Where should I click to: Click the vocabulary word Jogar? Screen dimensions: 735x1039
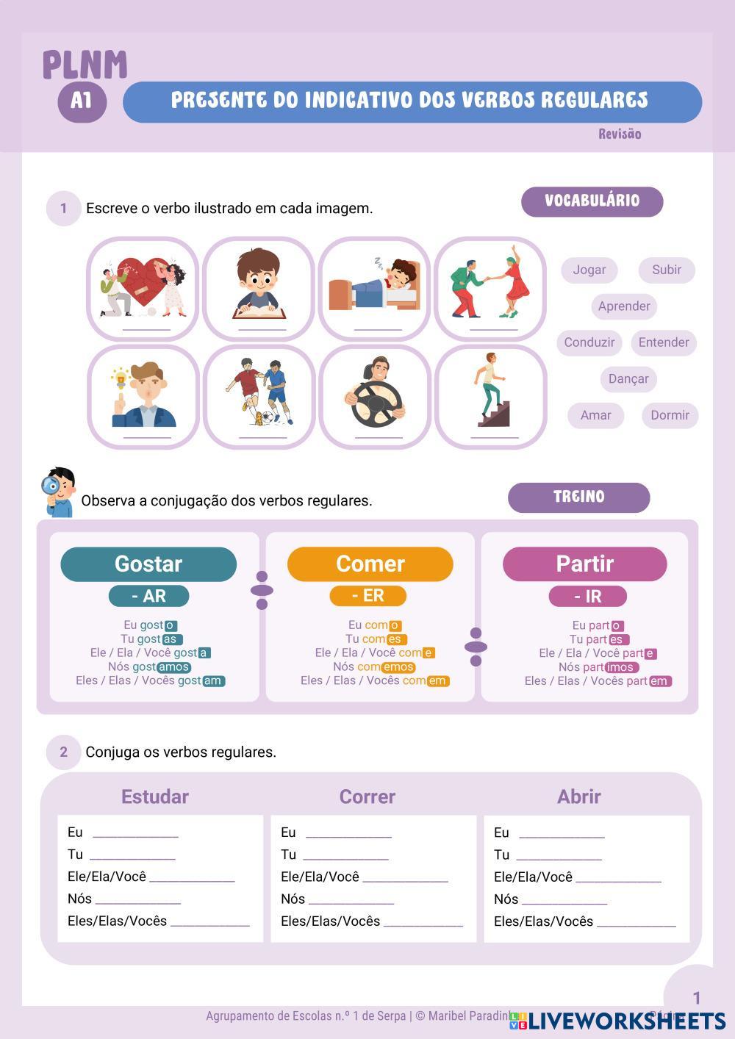click(x=589, y=270)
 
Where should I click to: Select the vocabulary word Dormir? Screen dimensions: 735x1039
click(x=670, y=415)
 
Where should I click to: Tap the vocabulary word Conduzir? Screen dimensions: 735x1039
click(x=589, y=342)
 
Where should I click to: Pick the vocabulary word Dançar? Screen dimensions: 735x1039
click(x=628, y=379)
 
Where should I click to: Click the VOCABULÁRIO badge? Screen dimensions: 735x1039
click(x=592, y=201)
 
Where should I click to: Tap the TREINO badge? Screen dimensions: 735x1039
click(x=578, y=497)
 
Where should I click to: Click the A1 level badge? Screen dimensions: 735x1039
click(x=82, y=100)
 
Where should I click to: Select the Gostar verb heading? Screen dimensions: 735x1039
click(x=148, y=564)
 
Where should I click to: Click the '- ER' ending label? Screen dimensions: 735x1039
click(x=367, y=596)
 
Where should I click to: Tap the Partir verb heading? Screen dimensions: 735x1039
click(x=584, y=564)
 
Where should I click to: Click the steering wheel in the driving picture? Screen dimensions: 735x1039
click(x=376, y=403)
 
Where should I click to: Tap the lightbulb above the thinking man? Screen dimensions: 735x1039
click(x=121, y=380)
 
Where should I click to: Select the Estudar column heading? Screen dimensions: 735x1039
click(x=154, y=797)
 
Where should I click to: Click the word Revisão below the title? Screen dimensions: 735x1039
click(x=619, y=134)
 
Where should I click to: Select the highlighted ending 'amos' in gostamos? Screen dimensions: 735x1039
click(x=173, y=667)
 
